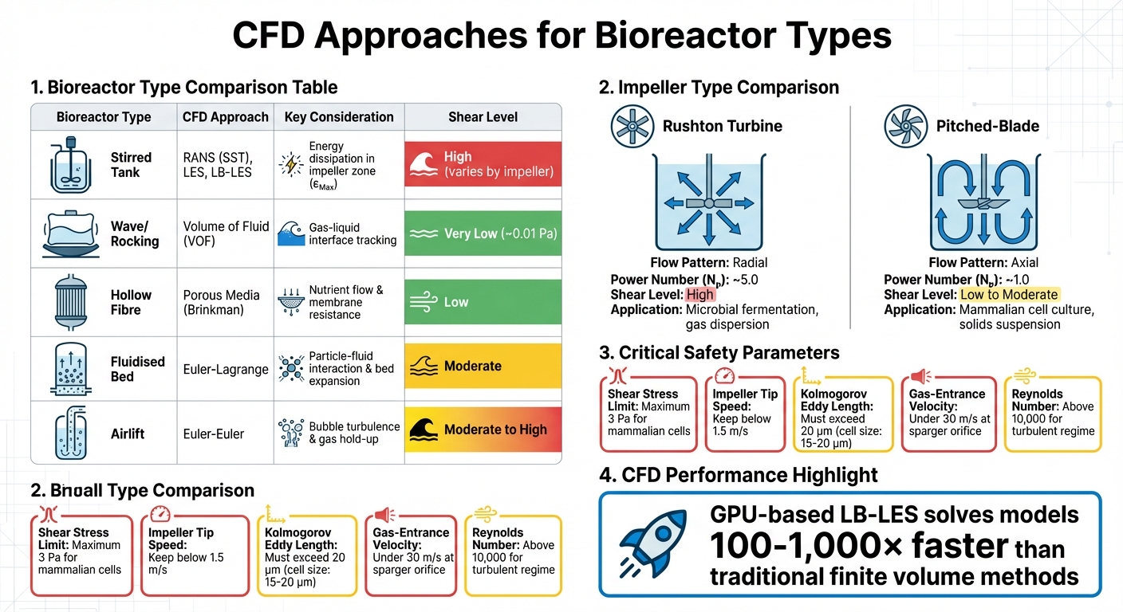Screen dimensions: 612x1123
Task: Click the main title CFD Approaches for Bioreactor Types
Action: pos(561,36)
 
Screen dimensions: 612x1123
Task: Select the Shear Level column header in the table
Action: pos(483,117)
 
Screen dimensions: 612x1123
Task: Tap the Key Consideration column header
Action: pos(339,117)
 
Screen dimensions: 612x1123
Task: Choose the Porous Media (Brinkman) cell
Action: pos(221,302)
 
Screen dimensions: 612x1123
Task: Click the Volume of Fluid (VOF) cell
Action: pos(226,233)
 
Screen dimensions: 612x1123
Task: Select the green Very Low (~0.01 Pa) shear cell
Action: pos(483,233)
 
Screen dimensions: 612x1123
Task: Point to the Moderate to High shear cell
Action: pos(483,430)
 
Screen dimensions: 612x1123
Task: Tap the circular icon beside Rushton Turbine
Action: pos(632,126)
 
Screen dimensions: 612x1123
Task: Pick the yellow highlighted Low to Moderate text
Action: pos(1009,295)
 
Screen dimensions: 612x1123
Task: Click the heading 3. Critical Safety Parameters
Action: pos(719,352)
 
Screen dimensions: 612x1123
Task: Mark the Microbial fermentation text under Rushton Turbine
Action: pos(752,310)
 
